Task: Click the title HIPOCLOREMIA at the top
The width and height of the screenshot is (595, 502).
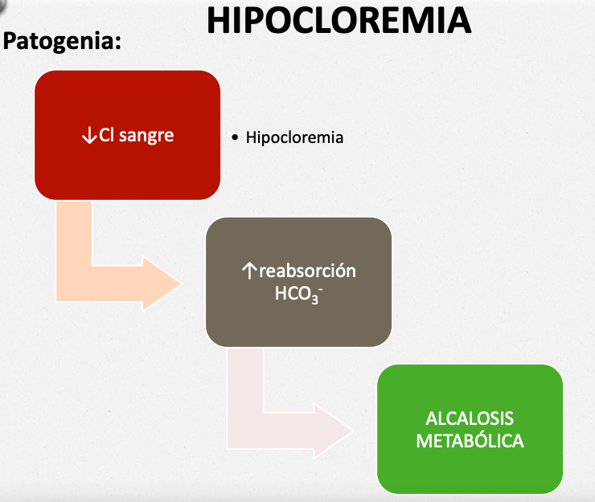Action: tap(338, 21)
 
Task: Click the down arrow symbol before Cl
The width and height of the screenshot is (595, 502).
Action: tap(88, 135)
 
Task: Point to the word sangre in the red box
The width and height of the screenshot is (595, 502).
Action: tap(148, 136)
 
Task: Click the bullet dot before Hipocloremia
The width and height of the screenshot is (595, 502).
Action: tap(235, 138)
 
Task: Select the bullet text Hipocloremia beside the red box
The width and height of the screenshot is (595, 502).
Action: tap(294, 137)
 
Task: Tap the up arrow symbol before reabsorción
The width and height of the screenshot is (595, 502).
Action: tap(248, 271)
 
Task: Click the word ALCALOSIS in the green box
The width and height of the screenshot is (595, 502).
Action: tap(470, 419)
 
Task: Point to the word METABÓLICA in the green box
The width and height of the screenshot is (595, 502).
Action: tap(470, 441)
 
